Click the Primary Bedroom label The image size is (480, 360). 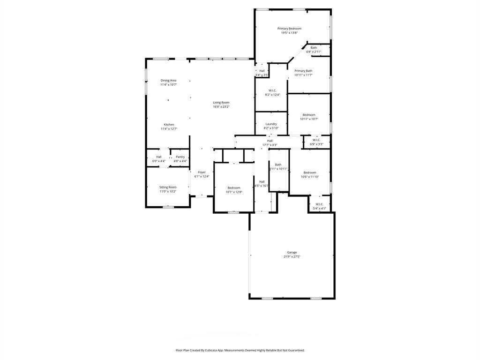(289, 29)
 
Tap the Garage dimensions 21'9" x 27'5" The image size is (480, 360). (292, 257)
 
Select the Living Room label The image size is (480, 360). (221, 103)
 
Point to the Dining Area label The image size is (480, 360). (168, 81)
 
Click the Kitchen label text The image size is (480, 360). (169, 125)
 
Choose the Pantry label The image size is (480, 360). (180, 157)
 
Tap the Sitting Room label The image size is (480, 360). (168, 187)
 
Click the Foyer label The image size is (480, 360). (202, 172)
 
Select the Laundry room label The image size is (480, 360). (271, 124)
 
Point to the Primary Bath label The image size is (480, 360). (303, 71)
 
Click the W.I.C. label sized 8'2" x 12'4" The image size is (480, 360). (272, 90)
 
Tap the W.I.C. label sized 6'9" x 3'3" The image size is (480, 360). (316, 140)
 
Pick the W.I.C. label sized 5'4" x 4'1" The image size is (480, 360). (319, 204)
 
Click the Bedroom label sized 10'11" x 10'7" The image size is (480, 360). (309, 115)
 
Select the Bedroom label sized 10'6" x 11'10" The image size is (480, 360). (309, 172)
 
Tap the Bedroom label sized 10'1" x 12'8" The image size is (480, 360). (234, 187)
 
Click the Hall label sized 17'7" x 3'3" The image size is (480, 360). (270, 141)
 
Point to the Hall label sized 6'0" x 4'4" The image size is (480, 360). (159, 157)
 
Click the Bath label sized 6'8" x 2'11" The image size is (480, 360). (314, 47)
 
